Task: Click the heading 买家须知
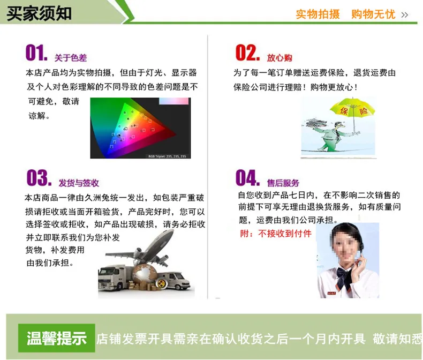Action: pos(39,13)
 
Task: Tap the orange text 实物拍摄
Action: pos(318,14)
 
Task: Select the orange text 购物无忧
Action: pos(373,14)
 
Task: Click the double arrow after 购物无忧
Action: pos(404,14)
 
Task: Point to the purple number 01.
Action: pos(36,52)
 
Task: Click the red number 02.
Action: pos(247,52)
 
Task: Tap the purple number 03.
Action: pos(39,177)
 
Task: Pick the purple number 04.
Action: pos(247,177)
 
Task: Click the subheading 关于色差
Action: pos(71,57)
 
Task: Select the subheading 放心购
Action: pos(280,57)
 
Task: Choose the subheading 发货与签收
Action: pos(79,183)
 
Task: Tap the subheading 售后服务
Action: pos(283,183)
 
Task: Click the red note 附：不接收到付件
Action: pos(276,233)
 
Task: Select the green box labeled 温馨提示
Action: pos(57,338)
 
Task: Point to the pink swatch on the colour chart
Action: pos(173,101)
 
